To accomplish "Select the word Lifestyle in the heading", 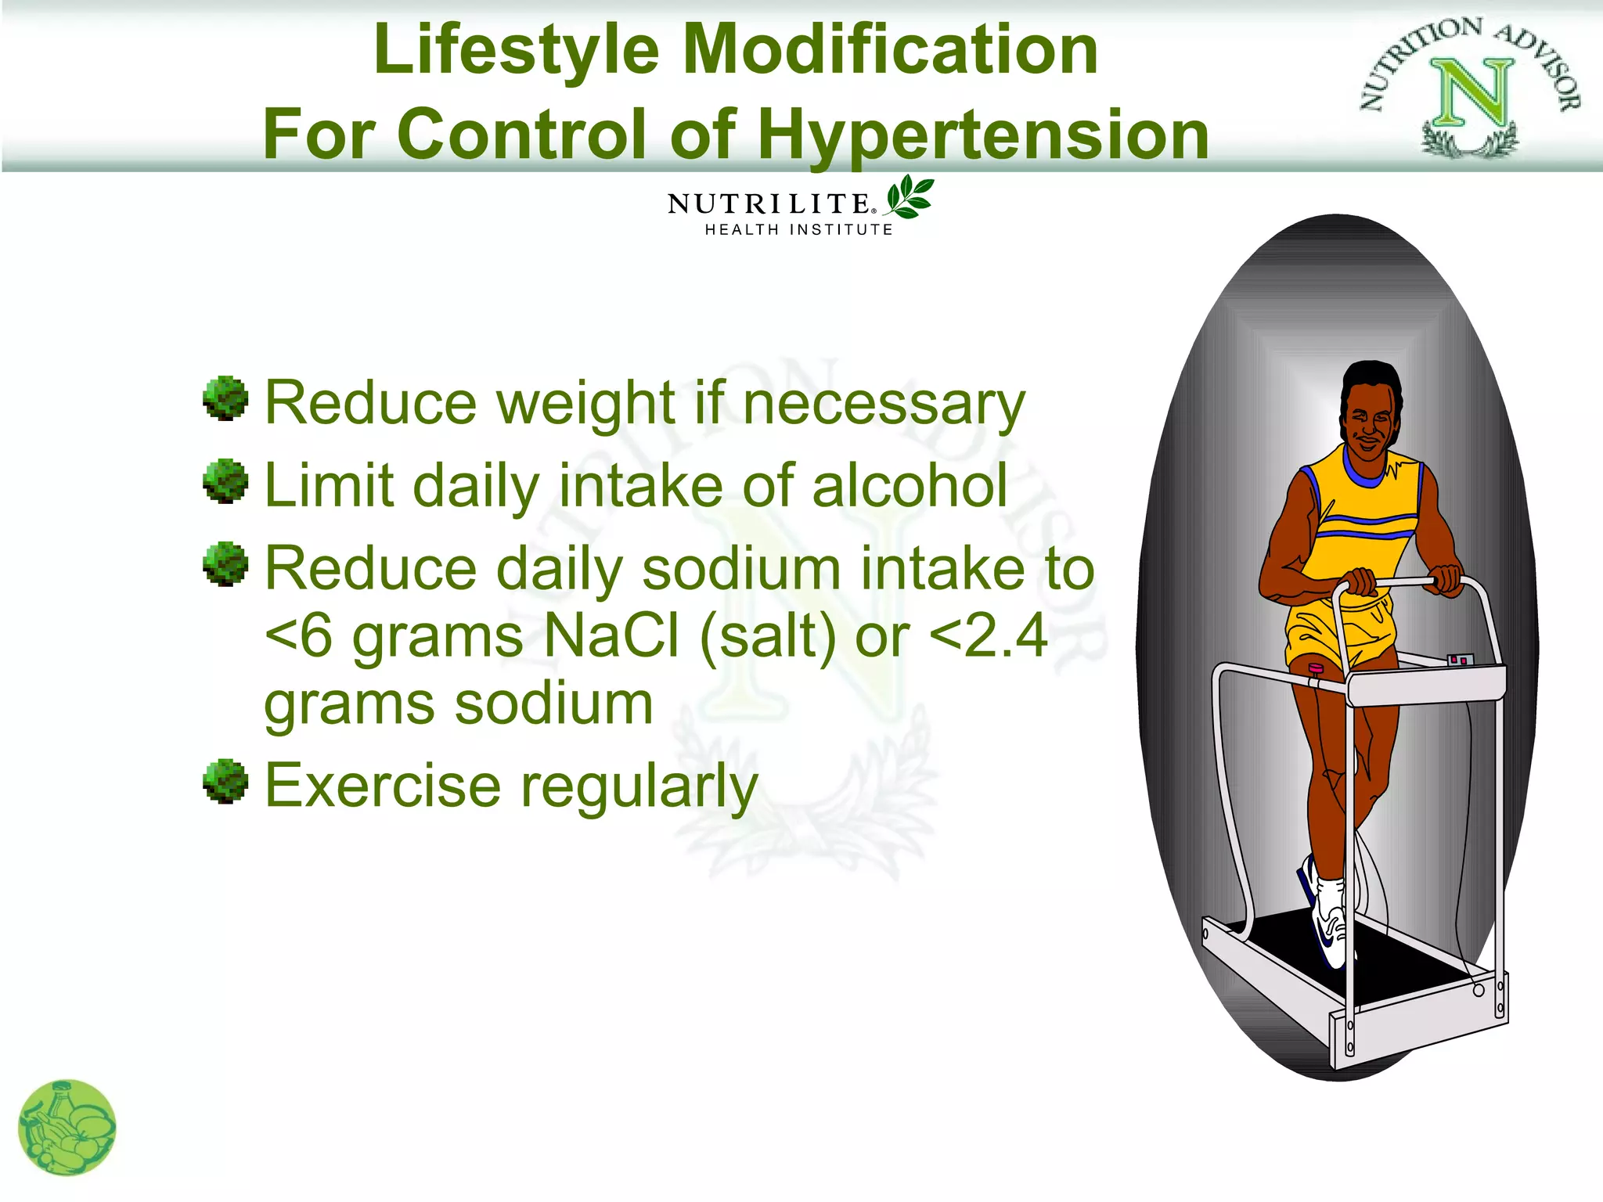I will [517, 50].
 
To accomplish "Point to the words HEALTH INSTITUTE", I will [798, 229].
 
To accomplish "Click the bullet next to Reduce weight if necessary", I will [225, 398].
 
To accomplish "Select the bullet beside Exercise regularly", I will [225, 780].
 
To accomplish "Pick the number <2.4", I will [988, 635].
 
